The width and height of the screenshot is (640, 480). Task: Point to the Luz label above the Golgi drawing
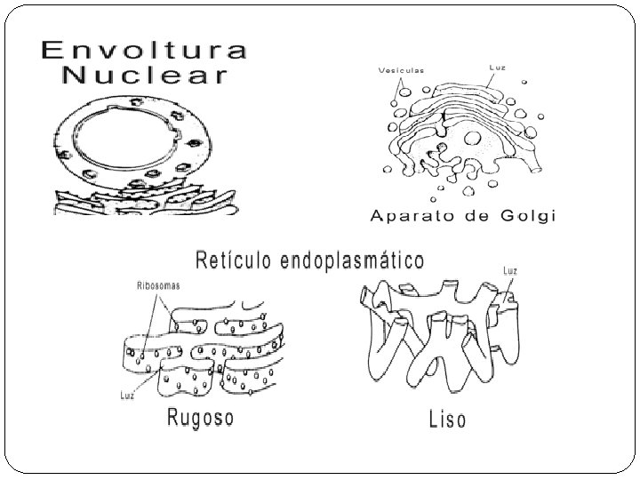coord(499,67)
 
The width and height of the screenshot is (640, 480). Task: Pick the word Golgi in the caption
coord(524,216)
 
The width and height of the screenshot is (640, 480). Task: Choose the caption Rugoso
coord(201,417)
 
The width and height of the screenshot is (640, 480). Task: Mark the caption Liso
coord(446,418)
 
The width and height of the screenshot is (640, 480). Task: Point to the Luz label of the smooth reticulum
coord(510,270)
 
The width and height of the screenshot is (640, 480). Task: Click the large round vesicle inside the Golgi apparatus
coord(474,138)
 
